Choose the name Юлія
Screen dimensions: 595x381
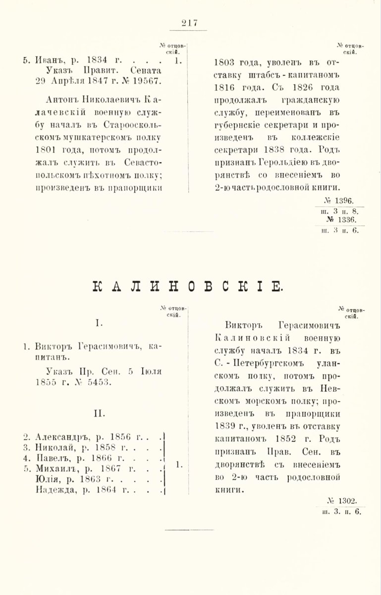click(48, 479)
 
